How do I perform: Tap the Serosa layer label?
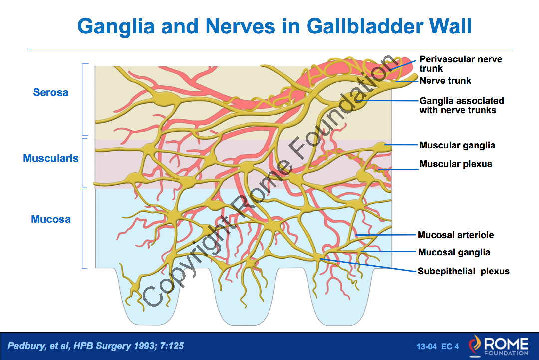[x=51, y=92]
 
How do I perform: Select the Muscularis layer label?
[x=51, y=158]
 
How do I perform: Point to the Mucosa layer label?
[x=51, y=219]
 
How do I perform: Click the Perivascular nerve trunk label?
[x=461, y=64]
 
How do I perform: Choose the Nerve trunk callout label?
[x=445, y=81]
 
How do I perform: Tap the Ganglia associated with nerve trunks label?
[x=462, y=105]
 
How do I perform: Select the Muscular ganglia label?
[x=457, y=145]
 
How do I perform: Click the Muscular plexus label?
[x=456, y=164]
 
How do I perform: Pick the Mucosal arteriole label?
[x=456, y=235]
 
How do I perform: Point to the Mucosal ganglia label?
[x=454, y=252]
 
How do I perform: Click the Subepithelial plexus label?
[x=463, y=271]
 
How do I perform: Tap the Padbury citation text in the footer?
[x=95, y=345]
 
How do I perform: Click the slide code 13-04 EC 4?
[x=438, y=346]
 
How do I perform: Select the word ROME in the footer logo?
[x=507, y=343]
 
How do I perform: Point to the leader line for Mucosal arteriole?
[x=386, y=235]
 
